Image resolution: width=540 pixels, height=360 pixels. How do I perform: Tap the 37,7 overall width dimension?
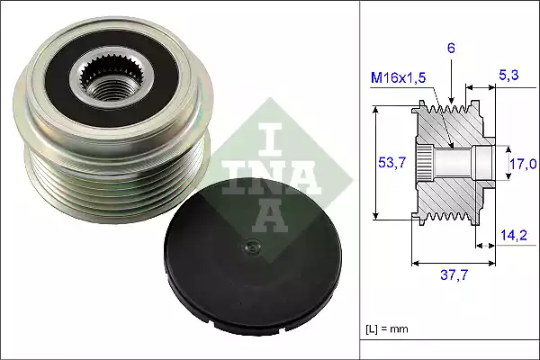[x=454, y=277]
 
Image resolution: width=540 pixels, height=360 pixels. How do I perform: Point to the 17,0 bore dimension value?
[x=524, y=164]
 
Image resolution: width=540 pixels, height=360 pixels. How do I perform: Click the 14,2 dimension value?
[x=513, y=236]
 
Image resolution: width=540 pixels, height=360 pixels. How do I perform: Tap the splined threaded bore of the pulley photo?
[x=104, y=77]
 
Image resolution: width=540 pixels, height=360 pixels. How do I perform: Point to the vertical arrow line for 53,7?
[x=376, y=163]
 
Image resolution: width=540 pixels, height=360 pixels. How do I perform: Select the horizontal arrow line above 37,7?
[x=454, y=264]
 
